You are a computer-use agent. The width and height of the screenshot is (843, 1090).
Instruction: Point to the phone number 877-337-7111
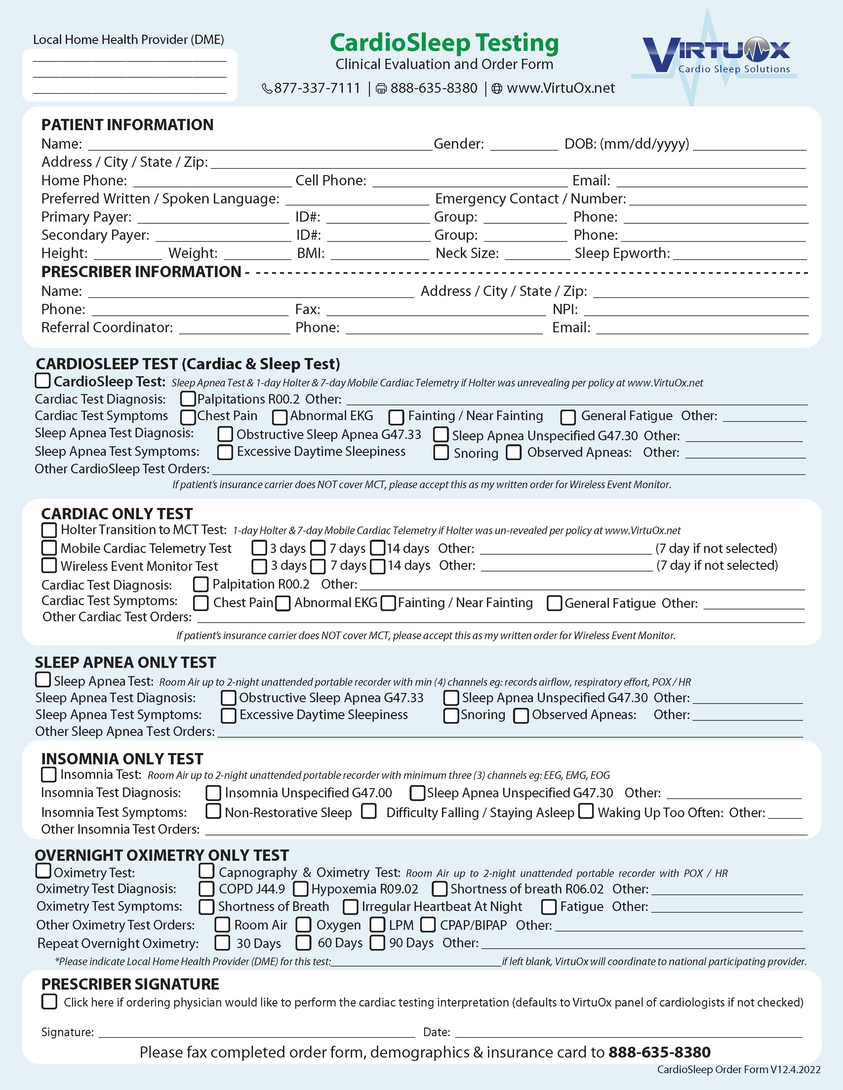tap(317, 88)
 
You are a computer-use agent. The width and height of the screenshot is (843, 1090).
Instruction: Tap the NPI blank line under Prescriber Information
tap(696, 310)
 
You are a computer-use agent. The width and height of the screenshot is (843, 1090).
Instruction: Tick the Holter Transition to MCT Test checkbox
tap(49, 529)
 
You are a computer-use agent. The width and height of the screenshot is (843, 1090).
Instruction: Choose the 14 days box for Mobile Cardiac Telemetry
tap(378, 548)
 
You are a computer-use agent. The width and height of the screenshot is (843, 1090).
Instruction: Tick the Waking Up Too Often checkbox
tap(586, 812)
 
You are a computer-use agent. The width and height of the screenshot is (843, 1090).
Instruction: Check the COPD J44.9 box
tap(206, 889)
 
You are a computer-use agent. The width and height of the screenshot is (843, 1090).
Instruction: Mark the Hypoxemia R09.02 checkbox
tap(301, 889)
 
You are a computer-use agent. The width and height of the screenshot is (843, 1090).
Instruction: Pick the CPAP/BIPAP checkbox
tap(428, 925)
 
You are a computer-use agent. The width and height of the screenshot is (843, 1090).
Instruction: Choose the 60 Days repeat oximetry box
tap(303, 943)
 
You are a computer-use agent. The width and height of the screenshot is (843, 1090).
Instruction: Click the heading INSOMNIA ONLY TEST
tap(122, 759)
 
